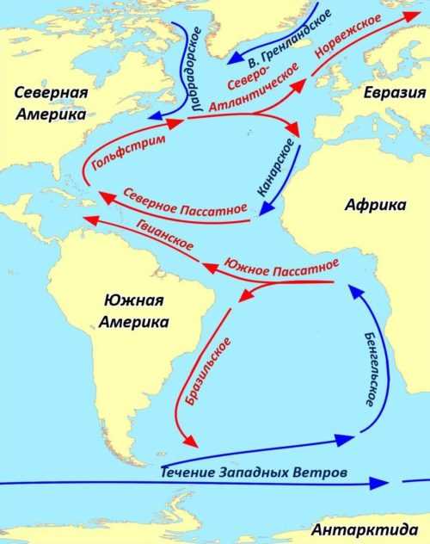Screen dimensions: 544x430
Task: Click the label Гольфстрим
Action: [122, 151]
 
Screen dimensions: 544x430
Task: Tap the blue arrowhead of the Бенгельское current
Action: [353, 292]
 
